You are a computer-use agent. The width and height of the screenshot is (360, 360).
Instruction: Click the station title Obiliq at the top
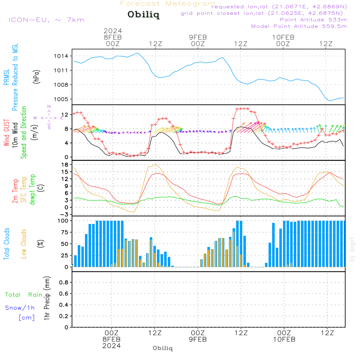(143, 15)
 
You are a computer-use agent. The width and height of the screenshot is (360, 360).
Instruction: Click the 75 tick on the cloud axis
(63, 232)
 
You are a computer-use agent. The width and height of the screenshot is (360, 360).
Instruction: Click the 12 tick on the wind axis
(66, 114)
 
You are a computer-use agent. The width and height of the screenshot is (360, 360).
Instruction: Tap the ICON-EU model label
(46, 20)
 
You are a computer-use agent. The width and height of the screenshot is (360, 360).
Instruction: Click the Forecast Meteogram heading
(168, 4)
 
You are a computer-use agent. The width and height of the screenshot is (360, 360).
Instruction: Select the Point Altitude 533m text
(313, 20)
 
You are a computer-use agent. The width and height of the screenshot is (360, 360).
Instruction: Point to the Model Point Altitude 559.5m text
(299, 26)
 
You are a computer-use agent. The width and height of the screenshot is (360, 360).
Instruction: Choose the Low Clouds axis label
(24, 244)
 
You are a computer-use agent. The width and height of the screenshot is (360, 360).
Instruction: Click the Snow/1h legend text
(20, 308)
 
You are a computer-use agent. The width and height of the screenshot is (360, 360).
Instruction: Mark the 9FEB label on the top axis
(198, 37)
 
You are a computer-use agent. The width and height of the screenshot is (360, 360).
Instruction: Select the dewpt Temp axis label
(32, 190)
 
